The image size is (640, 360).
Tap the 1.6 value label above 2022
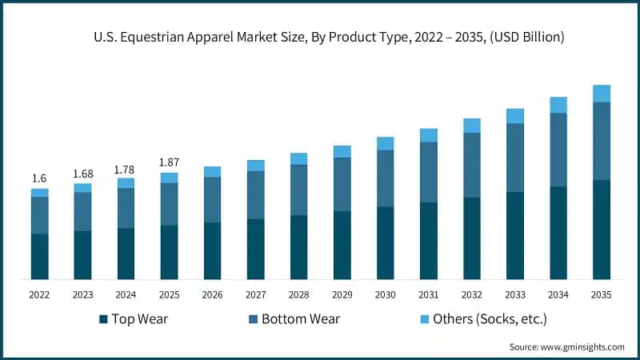coord(39,178)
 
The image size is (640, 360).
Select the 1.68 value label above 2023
coord(82,174)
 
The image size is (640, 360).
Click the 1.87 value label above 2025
coord(169,162)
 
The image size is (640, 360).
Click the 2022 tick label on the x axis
coord(39,295)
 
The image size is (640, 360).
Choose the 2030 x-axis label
coord(385,295)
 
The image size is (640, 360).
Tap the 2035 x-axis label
coord(601,295)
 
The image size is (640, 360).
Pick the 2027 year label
coord(255,295)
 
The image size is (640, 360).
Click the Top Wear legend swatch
coord(103,320)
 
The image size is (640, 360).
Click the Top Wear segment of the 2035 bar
coord(601,230)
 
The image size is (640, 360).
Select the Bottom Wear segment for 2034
coord(558,150)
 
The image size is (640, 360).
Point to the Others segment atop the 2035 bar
coord(601,94)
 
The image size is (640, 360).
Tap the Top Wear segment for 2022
coord(39,256)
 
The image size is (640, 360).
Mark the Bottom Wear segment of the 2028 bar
coord(298,190)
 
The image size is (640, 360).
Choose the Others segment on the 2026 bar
coord(212,172)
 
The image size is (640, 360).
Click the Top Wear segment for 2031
coord(428,241)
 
